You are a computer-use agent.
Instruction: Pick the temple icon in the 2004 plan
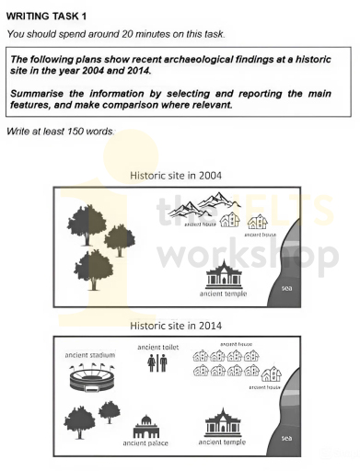click(x=224, y=274)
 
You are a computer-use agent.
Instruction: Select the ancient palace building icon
click(x=145, y=426)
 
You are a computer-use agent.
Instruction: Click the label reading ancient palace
click(x=145, y=443)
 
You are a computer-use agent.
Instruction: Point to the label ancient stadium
click(x=89, y=354)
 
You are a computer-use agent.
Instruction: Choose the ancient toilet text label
click(x=157, y=347)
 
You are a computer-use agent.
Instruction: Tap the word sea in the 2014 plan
click(x=286, y=437)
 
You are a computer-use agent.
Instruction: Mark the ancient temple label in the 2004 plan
click(x=224, y=293)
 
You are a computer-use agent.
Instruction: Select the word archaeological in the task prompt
click(x=194, y=59)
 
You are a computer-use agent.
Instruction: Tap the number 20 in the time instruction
click(x=124, y=34)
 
